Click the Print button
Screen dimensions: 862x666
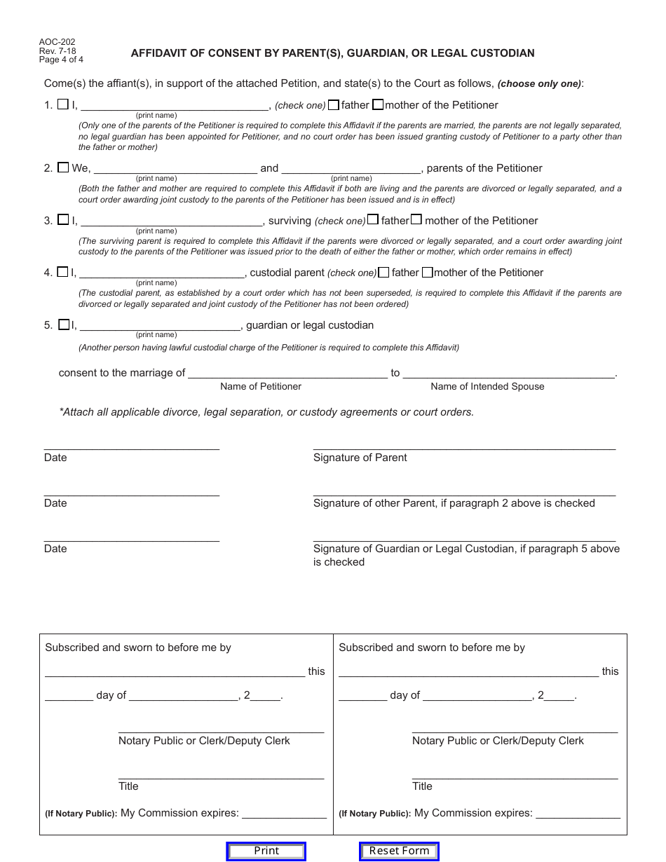[266, 851]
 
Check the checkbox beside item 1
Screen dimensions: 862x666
[63, 104]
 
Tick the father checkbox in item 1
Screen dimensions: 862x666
[334, 105]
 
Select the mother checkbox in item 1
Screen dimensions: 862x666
[378, 105]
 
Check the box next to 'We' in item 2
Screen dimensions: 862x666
[63, 167]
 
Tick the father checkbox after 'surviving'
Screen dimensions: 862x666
[373, 220]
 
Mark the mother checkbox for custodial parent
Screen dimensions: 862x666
[428, 272]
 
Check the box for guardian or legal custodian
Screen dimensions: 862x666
[64, 324]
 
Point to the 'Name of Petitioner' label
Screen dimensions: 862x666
[261, 386]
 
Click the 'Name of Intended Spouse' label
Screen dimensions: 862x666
[487, 386]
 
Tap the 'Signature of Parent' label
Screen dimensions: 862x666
[360, 458]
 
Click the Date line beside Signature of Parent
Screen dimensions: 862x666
[132, 444]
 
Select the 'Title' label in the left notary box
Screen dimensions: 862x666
[128, 786]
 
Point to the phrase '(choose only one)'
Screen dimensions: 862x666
[539, 84]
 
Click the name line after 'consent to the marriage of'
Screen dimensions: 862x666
[287, 373]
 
